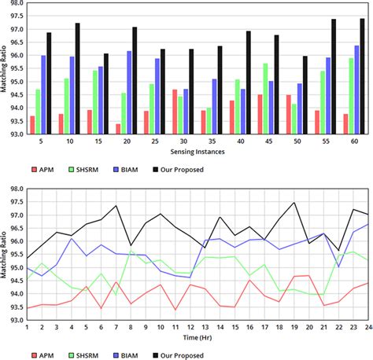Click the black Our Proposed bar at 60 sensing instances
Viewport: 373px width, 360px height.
[x=362, y=75]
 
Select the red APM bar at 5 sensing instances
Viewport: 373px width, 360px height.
[x=32, y=125]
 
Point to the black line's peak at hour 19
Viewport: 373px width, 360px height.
[x=294, y=203]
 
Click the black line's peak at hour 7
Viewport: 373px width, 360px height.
[x=116, y=206]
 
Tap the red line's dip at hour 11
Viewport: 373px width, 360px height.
[x=175, y=309]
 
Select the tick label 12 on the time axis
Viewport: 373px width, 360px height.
[x=190, y=327]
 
